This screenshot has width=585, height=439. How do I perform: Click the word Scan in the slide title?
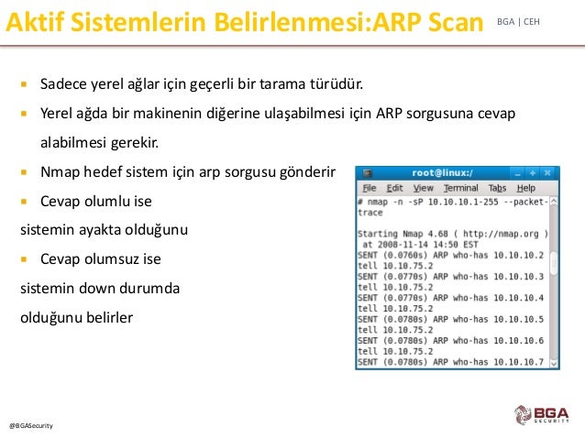456,22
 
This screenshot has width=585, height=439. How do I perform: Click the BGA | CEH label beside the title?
518,22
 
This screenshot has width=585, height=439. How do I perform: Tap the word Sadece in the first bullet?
63,83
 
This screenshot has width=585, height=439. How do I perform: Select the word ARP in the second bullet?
389,113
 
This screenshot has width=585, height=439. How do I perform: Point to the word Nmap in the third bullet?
60,172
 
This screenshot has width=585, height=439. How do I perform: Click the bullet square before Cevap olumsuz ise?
24,258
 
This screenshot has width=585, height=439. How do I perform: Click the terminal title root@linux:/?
443,172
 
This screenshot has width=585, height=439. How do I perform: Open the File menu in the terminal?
370,188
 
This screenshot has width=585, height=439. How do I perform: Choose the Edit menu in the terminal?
394,188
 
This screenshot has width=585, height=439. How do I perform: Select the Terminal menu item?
461,188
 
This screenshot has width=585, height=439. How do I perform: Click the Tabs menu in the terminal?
497,188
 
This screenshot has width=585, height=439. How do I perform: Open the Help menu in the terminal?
526,188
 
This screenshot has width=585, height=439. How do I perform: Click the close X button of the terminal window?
547,172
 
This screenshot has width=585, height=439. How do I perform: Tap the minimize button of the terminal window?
517,173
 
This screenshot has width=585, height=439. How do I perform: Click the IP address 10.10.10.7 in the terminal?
519,362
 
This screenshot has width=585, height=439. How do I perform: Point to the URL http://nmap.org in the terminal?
501,234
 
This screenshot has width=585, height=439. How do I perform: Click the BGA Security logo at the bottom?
542,414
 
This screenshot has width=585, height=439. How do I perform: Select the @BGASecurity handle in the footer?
31,425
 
